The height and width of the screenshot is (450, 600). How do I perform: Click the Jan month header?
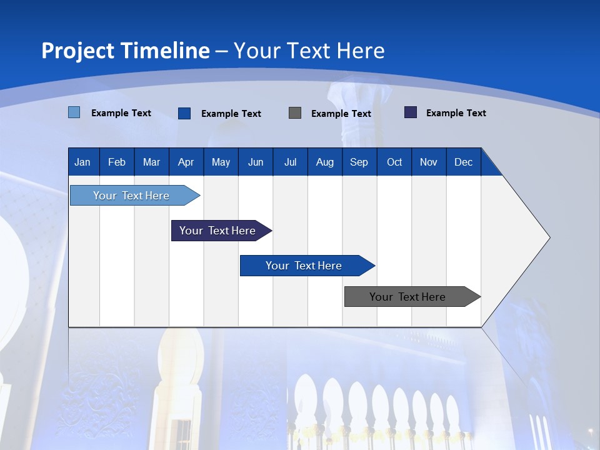click(x=83, y=162)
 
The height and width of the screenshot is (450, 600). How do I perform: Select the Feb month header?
click(x=117, y=162)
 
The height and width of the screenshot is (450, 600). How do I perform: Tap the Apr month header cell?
click(x=186, y=162)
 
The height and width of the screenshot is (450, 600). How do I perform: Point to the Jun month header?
click(x=256, y=162)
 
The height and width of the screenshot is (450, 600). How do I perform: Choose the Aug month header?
click(x=325, y=162)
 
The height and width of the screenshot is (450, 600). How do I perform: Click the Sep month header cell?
click(x=359, y=162)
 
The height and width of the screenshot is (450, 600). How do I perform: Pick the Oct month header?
click(x=394, y=162)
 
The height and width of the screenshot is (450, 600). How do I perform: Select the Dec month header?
click(x=464, y=162)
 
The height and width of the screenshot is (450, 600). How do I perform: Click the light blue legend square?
click(x=74, y=112)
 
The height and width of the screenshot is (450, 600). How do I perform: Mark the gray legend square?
click(x=295, y=113)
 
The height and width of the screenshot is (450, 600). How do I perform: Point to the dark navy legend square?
click(x=411, y=112)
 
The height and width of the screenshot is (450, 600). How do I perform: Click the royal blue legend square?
click(x=184, y=113)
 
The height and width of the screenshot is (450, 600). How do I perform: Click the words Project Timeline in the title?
click(x=126, y=51)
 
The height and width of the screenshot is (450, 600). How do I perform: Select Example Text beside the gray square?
click(x=341, y=114)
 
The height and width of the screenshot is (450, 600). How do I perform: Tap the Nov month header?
click(x=429, y=162)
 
